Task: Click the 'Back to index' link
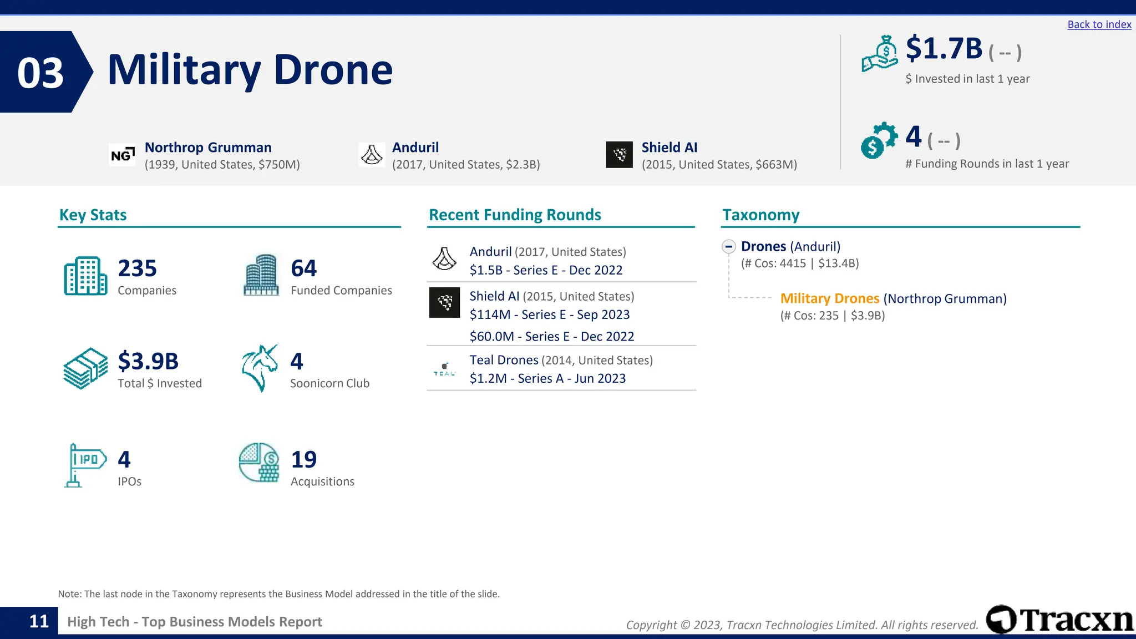[1099, 24]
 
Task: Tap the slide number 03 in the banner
[40, 73]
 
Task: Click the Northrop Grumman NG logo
[122, 155]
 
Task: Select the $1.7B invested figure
[944, 49]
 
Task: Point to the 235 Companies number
[137, 268]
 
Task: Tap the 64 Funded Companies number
[303, 268]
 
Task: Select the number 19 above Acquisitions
[303, 459]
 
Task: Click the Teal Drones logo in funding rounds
[444, 369]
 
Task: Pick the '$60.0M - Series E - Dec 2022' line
[551, 336]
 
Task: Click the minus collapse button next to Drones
[729, 246]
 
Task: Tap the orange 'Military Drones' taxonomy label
[829, 298]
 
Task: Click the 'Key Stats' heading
[93, 215]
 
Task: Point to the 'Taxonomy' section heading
[760, 215]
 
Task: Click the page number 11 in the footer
[39, 621]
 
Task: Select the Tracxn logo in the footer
[1059, 620]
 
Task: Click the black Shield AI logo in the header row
[619, 155]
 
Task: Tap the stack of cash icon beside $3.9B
[85, 368]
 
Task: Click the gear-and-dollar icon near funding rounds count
[879, 140]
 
